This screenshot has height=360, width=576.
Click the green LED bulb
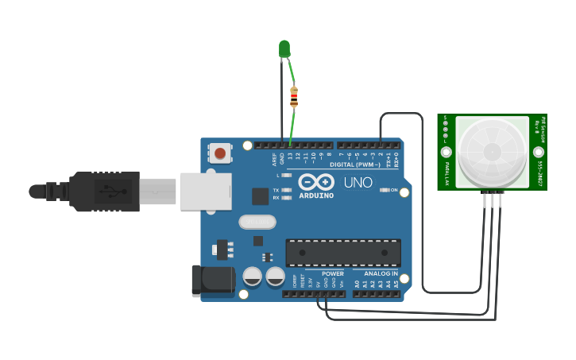click(x=284, y=48)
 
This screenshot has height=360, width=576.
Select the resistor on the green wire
click(x=294, y=96)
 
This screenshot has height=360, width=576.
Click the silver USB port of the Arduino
click(x=205, y=192)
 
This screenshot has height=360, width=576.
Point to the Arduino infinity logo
click(x=315, y=183)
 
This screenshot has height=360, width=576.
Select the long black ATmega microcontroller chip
click(x=343, y=252)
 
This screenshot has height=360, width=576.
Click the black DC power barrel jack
click(x=211, y=280)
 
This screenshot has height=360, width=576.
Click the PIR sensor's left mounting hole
click(x=446, y=151)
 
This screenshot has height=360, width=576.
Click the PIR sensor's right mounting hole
click(x=539, y=151)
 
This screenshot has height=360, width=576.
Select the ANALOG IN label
click(x=381, y=273)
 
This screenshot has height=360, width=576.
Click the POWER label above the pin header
click(x=333, y=273)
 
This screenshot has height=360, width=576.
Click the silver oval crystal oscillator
click(x=257, y=222)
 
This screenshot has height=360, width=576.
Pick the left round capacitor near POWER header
click(x=253, y=276)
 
